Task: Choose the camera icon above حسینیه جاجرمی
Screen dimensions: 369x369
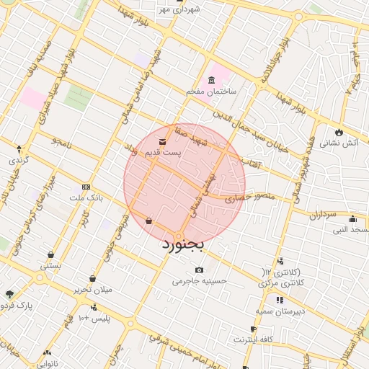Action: (x=199, y=270)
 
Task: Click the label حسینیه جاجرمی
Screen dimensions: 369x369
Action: (x=200, y=281)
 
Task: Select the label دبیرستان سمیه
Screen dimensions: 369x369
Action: (x=277, y=311)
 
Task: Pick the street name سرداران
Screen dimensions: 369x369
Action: (x=324, y=215)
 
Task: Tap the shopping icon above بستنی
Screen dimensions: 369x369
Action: (x=51, y=254)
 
